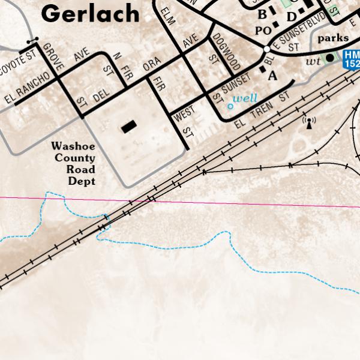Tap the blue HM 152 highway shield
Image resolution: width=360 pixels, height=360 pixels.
point(351,59)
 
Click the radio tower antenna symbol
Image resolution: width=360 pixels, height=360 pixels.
point(309,122)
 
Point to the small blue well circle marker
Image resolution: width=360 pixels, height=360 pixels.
point(230,106)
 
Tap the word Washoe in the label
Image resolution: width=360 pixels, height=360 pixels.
point(73,146)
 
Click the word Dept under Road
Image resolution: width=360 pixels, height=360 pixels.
point(81,181)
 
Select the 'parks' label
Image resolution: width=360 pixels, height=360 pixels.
point(333,38)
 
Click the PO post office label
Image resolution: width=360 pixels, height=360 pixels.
point(263,31)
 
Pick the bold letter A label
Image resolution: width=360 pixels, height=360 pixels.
point(272,76)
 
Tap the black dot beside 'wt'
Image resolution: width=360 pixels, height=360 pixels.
point(329,58)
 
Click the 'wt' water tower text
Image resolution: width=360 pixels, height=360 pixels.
point(312,61)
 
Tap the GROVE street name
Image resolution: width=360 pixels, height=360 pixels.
point(52,58)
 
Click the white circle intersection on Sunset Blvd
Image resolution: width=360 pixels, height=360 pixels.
point(266,49)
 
